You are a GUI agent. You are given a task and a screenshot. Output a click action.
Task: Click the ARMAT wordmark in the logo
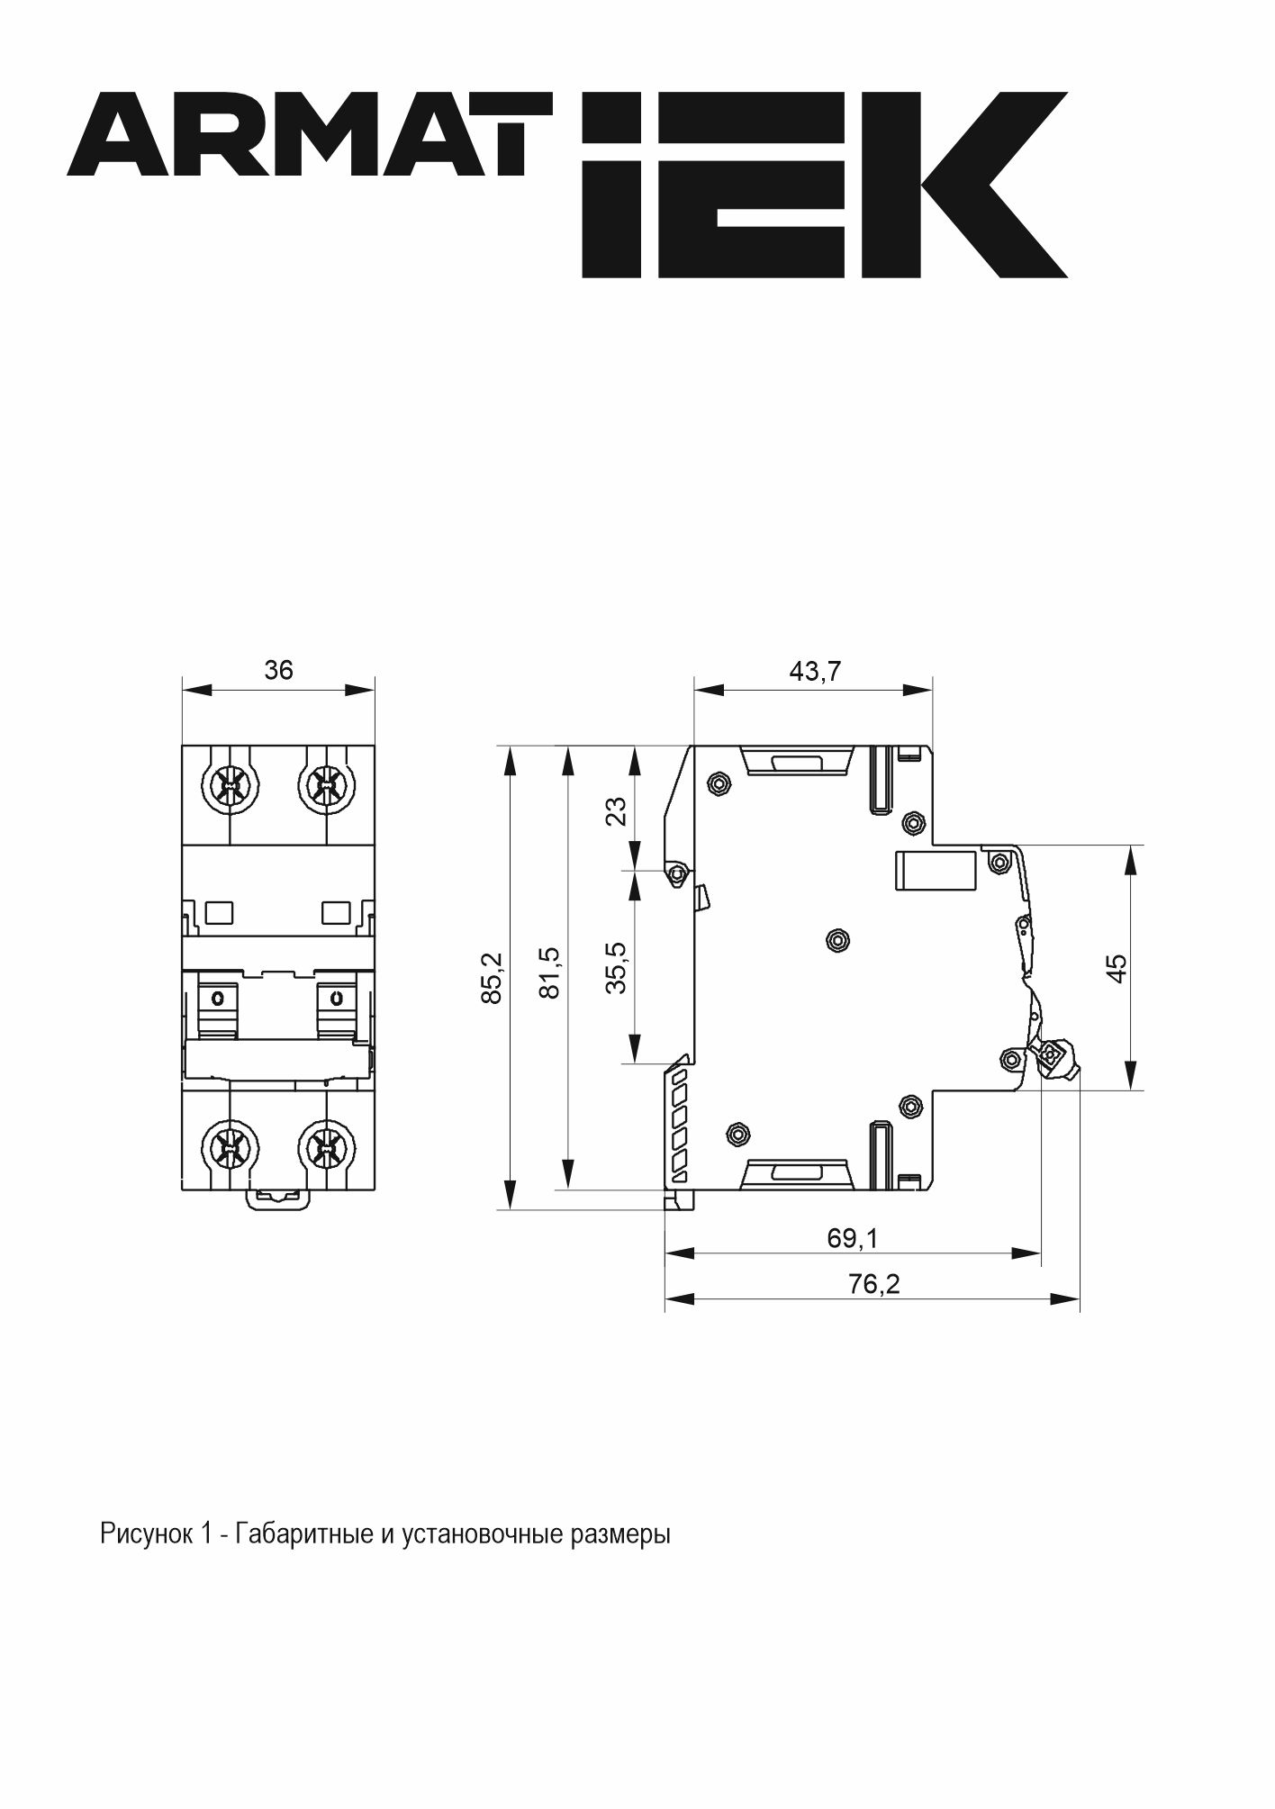coord(310,133)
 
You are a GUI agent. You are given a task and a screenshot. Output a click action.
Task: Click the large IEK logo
coord(825,185)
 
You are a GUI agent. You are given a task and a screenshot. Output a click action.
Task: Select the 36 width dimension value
coord(278,670)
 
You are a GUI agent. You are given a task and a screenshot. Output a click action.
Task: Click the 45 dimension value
coord(1116,968)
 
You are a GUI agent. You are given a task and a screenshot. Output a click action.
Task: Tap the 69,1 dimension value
coord(852,1238)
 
